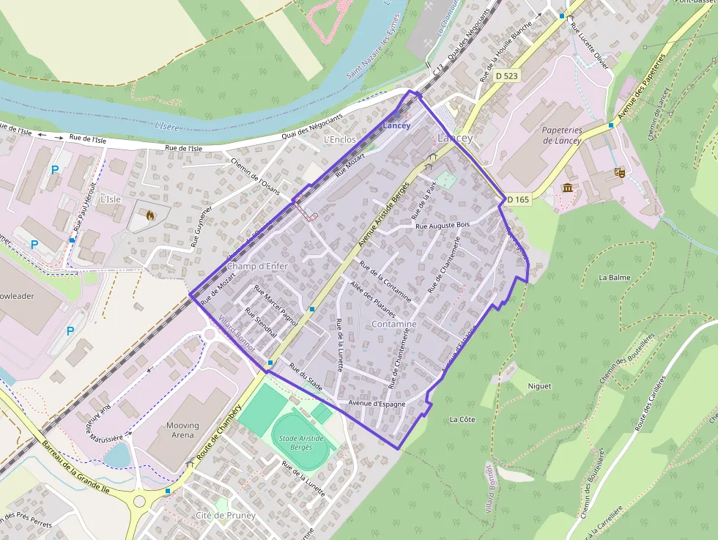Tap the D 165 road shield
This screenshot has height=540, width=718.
click(x=517, y=199)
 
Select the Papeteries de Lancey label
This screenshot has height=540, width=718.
click(x=562, y=135)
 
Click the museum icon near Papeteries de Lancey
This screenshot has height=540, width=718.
click(x=568, y=188)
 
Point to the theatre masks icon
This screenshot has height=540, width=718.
click(x=619, y=173)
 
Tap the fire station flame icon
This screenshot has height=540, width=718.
click(x=150, y=216)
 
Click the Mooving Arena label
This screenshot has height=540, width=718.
click(x=182, y=430)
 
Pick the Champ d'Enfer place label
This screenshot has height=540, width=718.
click(x=257, y=266)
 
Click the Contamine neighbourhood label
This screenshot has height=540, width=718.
click(x=394, y=324)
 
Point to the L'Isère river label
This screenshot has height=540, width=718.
click(x=167, y=126)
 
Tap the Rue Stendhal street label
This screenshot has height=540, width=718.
click(x=261, y=322)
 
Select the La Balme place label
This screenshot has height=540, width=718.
click(x=614, y=278)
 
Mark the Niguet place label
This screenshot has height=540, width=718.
click(x=538, y=386)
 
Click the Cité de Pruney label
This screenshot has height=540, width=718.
click(x=225, y=515)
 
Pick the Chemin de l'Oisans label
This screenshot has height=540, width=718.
click(x=256, y=174)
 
